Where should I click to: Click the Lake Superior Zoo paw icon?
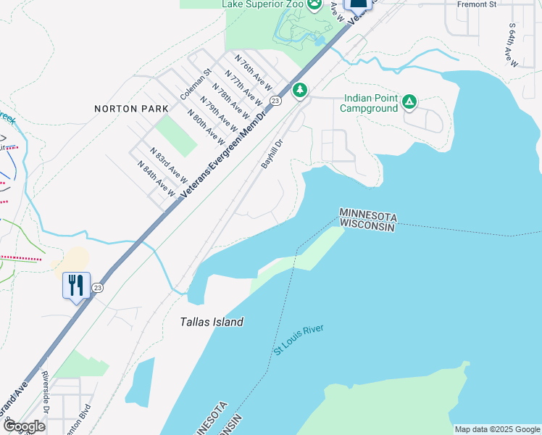coord(314,5)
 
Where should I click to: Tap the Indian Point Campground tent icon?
coord(409,103)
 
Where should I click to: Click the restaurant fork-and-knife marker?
coord(76,286)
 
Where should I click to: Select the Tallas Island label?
coord(212,322)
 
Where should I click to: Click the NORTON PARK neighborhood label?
coord(131,109)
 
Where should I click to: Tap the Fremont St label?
coord(476,4)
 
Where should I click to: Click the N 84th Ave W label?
coord(157,178)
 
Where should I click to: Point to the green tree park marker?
coord(300,90)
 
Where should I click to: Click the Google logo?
coord(23,426)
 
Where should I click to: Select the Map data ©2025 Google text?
coord(496,429)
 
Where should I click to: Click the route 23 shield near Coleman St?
coord(275,100)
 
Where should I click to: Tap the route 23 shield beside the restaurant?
coord(97,289)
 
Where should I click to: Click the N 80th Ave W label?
coord(205,125)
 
